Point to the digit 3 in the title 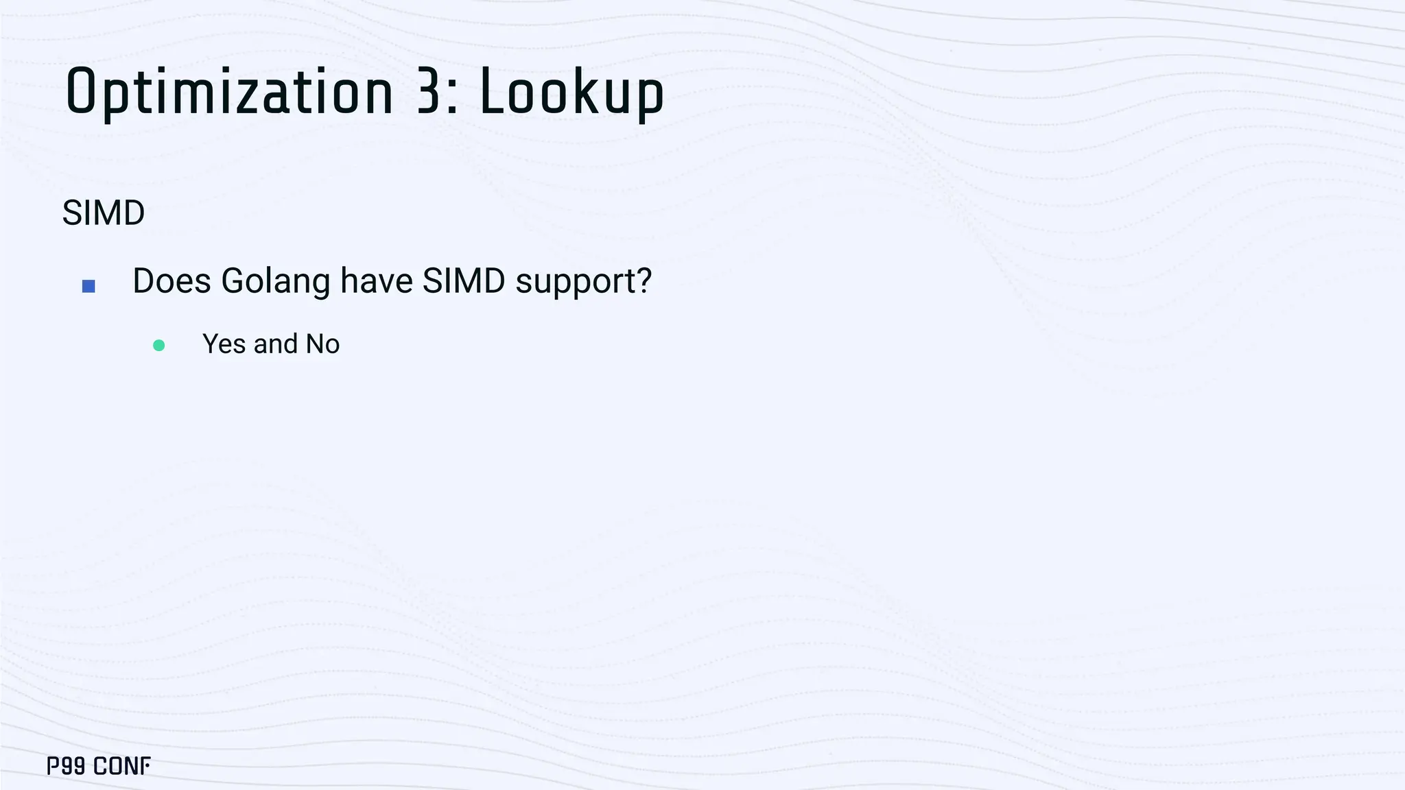coord(428,92)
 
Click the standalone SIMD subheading coord(104,213)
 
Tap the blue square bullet coord(88,286)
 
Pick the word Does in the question coord(172,281)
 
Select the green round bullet coord(158,345)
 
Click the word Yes coord(224,344)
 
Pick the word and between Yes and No coord(275,344)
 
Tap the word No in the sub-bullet coord(322,344)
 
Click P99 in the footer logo coord(66,766)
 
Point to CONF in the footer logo coord(121,766)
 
